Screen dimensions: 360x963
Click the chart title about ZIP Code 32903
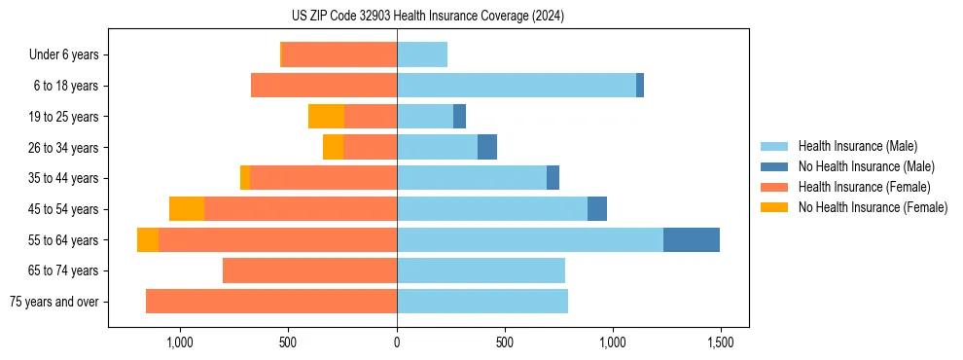point(427,17)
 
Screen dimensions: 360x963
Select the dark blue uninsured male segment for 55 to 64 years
point(691,239)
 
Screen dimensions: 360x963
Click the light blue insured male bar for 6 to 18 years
point(516,86)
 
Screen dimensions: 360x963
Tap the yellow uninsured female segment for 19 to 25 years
point(326,117)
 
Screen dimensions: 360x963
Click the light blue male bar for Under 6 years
point(421,54)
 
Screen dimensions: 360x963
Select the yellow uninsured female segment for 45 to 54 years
point(187,209)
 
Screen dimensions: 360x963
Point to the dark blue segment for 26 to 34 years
point(486,147)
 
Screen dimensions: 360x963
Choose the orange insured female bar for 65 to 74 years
point(309,270)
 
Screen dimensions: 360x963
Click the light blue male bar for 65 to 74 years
point(481,270)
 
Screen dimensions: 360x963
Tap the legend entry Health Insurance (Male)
point(857,146)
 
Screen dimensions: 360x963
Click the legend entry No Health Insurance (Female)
point(873,207)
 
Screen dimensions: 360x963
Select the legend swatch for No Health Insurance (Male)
point(775,166)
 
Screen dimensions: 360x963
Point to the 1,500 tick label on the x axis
point(721,342)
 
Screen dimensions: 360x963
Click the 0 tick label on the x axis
point(397,342)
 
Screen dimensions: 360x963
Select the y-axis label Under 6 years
point(64,55)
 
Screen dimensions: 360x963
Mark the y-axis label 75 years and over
point(53,302)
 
